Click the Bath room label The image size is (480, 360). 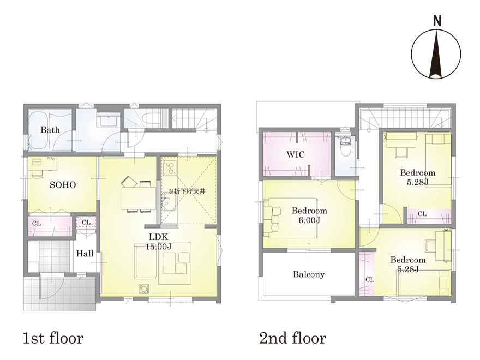[x=50, y=130]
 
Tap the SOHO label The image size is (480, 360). [x=63, y=184]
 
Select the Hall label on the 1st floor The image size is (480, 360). [x=85, y=254]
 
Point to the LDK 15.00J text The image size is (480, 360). [x=158, y=242]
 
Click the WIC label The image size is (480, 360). [x=296, y=154]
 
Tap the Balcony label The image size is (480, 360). [x=309, y=274]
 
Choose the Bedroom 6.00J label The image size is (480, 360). [x=309, y=215]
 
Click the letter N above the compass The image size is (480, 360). [x=437, y=21]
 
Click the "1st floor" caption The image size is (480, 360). [x=53, y=338]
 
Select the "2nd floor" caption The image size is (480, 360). [x=293, y=338]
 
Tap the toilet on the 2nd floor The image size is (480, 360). [x=346, y=147]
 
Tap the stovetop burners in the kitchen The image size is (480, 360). [x=169, y=167]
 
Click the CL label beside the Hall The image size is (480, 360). [x=86, y=222]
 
